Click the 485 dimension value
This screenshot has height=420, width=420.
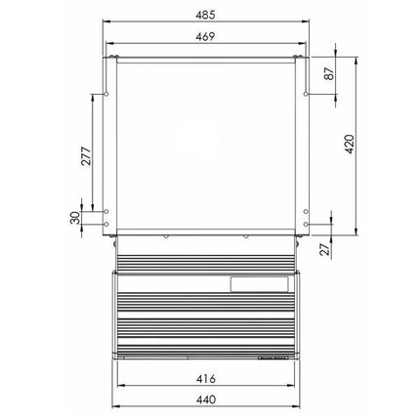205,15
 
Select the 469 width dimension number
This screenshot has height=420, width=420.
205,37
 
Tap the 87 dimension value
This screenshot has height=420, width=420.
329,73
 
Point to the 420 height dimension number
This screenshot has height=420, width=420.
350,145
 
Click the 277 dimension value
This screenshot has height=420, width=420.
86,156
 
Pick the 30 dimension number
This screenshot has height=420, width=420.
75,218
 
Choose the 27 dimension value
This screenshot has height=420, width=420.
324,250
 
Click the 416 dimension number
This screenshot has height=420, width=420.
206,379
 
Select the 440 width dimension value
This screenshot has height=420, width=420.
206,399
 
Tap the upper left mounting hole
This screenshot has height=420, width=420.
106,94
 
